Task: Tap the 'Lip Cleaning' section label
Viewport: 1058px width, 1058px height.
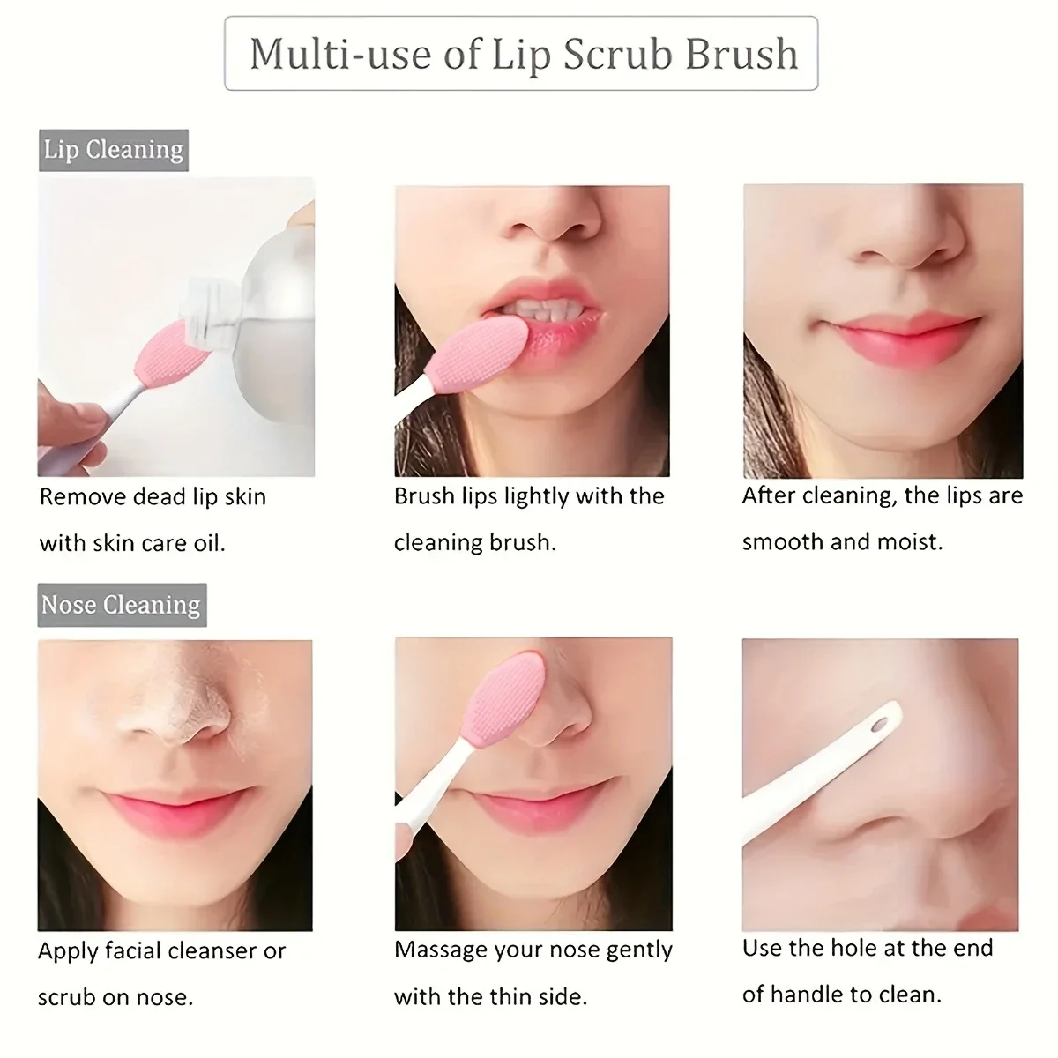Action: [x=114, y=150]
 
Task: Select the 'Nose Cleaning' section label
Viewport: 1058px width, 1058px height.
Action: [x=121, y=605]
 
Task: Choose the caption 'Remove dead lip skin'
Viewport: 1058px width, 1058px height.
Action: [x=153, y=497]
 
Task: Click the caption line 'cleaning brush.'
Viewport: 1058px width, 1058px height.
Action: [x=474, y=542]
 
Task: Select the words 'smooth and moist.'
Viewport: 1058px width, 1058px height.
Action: [x=842, y=541]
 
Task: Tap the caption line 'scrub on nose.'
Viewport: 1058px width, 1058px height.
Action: [x=115, y=997]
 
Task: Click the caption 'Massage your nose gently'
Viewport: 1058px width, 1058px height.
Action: [x=533, y=950]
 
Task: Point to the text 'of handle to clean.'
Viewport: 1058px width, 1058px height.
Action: [x=841, y=995]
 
